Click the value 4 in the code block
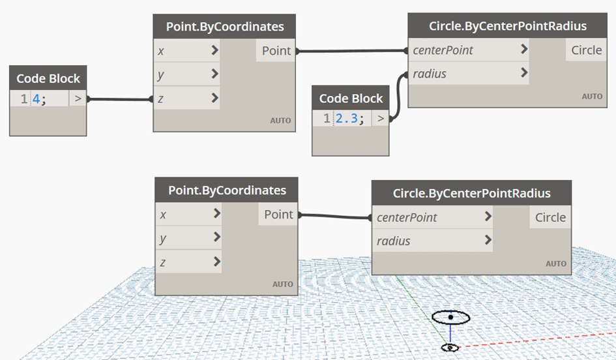(x=36, y=100)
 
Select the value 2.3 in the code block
(x=347, y=119)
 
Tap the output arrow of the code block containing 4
(x=78, y=99)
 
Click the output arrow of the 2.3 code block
(x=381, y=119)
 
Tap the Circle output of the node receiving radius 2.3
(x=586, y=50)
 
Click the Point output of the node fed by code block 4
(x=276, y=51)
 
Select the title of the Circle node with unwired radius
(x=471, y=193)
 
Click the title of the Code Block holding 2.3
(x=351, y=98)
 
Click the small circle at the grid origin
(x=450, y=348)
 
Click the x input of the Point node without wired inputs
(x=188, y=215)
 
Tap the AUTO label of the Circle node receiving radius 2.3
(x=592, y=97)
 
